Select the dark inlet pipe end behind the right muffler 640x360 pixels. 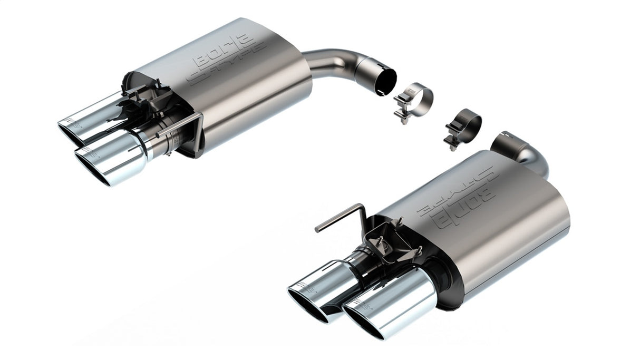[x=509, y=143]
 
